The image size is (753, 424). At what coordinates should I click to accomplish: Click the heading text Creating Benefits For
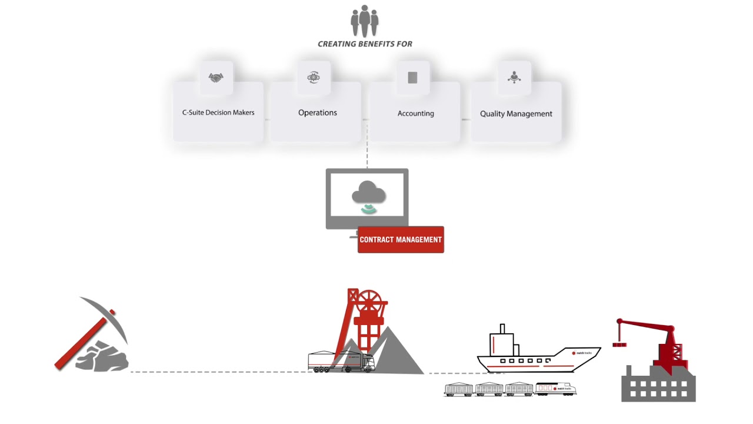(x=365, y=44)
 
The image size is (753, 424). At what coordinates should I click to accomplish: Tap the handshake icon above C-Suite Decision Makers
(x=216, y=78)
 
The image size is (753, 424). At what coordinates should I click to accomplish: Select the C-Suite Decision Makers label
(x=218, y=112)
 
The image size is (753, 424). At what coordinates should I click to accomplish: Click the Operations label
(x=318, y=112)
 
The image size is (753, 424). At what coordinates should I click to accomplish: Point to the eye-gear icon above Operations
(x=314, y=77)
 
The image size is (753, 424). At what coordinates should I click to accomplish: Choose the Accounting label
(x=416, y=113)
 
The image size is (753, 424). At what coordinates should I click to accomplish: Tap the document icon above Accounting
(x=412, y=78)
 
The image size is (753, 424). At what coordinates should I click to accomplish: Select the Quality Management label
(x=516, y=114)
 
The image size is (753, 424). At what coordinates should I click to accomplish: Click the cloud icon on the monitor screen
(x=368, y=193)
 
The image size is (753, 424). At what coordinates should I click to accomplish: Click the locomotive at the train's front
(x=555, y=389)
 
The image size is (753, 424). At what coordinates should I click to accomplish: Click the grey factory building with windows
(x=659, y=386)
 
